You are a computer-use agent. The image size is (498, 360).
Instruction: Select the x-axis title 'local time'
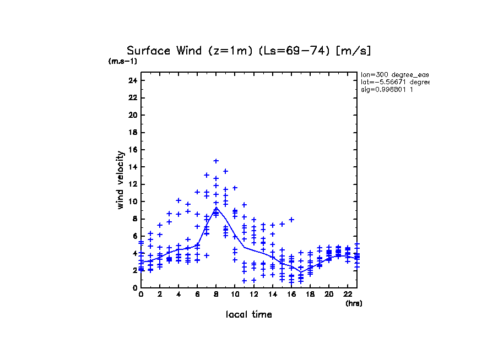click(x=249, y=315)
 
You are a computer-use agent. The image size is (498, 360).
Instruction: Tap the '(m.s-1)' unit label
click(x=122, y=62)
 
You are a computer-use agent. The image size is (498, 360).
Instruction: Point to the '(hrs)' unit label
click(x=354, y=303)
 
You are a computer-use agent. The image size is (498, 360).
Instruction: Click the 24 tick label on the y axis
click(x=132, y=80)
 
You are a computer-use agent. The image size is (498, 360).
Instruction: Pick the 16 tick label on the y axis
click(x=132, y=150)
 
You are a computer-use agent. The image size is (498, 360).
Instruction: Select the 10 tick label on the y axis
click(x=132, y=201)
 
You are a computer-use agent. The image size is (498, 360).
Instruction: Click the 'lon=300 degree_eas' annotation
click(x=394, y=74)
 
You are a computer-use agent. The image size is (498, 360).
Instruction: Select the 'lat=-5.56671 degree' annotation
click(x=394, y=82)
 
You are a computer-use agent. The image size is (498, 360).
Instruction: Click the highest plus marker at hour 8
click(x=216, y=161)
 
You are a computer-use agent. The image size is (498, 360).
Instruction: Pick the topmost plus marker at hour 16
click(x=291, y=220)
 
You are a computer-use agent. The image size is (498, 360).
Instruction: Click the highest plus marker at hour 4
click(x=178, y=200)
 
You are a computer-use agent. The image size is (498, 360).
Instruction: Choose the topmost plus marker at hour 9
click(x=225, y=171)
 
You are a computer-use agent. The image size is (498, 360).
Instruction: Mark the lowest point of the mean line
click(x=301, y=272)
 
